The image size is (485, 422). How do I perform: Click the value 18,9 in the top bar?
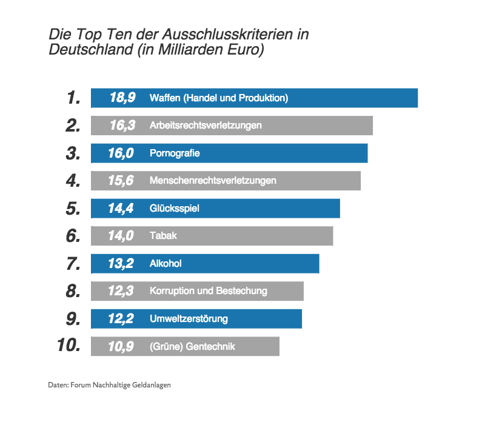[x=122, y=98]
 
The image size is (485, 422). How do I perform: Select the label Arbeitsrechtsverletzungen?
[x=206, y=126]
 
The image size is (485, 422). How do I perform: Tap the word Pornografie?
[x=175, y=153]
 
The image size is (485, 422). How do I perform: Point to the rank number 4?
[x=73, y=181]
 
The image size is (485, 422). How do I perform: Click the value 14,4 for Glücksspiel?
[x=121, y=209]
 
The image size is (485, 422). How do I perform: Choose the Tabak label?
[x=163, y=236]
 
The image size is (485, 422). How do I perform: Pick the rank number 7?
[x=73, y=264]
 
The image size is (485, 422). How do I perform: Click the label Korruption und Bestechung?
[x=208, y=291]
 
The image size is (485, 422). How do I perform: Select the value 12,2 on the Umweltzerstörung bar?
[x=121, y=319]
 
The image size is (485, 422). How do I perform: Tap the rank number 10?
[x=69, y=346]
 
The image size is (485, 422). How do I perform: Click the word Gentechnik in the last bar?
[x=211, y=347]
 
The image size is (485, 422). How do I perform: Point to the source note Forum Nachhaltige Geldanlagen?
[x=124, y=385]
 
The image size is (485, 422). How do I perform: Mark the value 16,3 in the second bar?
[x=122, y=126]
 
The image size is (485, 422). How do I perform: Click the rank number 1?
[x=73, y=98]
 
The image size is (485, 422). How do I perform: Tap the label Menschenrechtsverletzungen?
[x=213, y=181]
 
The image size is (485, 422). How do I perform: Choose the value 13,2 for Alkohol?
[x=121, y=264]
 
